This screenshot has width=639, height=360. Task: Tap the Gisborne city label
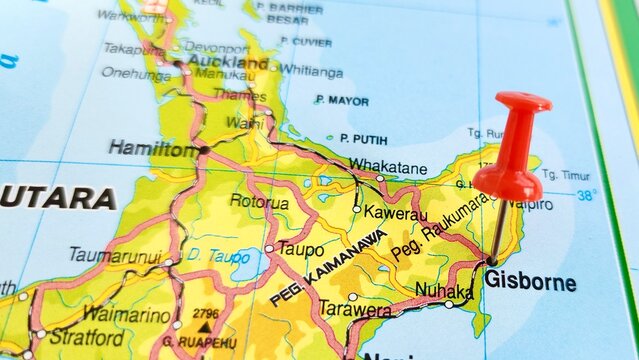[530, 282]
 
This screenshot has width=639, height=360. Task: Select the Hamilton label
[152, 149]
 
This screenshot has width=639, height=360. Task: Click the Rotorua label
[258, 202]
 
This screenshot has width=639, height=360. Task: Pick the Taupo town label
[300, 249]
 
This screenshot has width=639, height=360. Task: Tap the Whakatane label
[387, 167]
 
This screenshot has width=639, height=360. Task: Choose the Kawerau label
[395, 214]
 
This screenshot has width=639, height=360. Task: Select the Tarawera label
[354, 310]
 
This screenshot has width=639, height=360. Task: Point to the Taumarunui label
[115, 255]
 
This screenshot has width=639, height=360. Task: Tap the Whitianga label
[311, 69]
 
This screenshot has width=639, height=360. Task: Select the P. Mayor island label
[341, 101]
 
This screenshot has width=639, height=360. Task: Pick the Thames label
[239, 96]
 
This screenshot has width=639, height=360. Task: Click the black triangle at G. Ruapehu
[205, 325]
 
